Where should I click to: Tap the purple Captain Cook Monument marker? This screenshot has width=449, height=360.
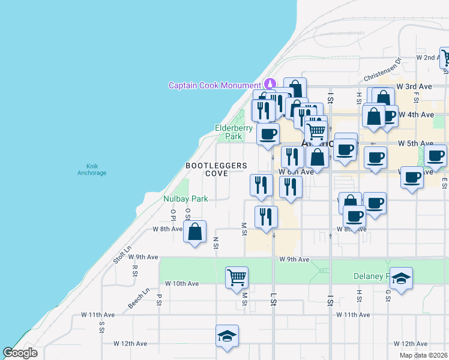coord(270,85)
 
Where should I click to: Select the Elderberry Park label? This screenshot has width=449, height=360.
coord(229,132)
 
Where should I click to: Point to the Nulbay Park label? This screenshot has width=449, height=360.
coord(185,199)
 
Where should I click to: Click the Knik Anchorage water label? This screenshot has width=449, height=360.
coord(92,169)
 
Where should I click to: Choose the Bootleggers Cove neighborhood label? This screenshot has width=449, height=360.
coord(208,169)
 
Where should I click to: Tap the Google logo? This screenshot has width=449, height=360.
coord(20,353)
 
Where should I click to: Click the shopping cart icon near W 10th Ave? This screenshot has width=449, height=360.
coord(237,277)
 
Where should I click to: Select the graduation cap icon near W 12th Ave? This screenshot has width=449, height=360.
coord(228,335)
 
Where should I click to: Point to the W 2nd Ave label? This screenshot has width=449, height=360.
coord(428,58)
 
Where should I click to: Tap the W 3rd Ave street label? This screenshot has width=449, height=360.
coord(419,87)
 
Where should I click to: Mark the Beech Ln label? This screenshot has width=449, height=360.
coord(138,299)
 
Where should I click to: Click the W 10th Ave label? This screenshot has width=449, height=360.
coord(181,283)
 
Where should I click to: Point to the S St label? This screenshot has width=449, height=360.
coord(102,327)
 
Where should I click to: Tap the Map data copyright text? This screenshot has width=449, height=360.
coord(423,355)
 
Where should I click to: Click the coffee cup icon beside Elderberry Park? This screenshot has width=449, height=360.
coord(268,133)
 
